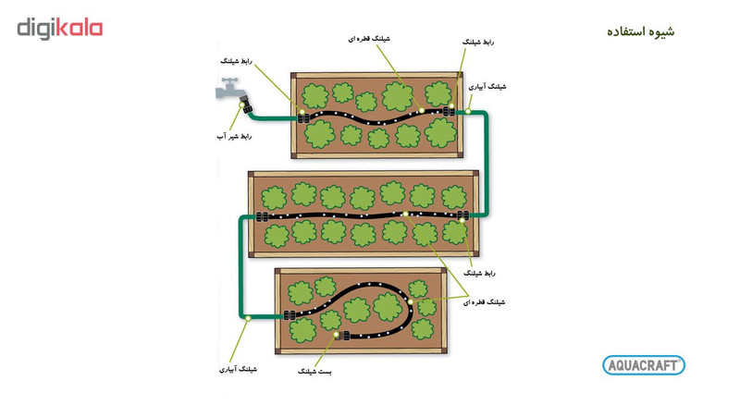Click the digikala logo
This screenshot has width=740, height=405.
[60, 28]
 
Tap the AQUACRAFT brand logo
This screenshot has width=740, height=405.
[644, 365]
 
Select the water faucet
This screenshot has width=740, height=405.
[228, 90]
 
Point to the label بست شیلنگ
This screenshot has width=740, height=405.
[314, 371]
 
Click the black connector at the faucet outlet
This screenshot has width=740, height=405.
[243, 100]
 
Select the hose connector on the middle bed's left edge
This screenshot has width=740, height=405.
[262, 218]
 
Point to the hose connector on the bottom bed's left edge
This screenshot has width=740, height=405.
[289, 316]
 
